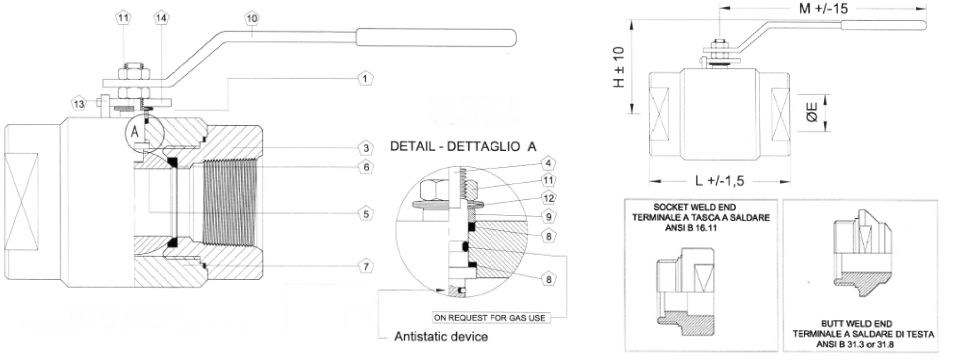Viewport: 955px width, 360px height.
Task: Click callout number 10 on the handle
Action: pos(252,18)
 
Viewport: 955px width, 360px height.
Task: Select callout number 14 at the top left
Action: pos(161,18)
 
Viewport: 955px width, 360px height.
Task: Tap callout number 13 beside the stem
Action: pos(79,103)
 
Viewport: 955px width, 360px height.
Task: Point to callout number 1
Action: pos(365,78)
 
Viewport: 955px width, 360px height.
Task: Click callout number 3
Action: pos(365,148)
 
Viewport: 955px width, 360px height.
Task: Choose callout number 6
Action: pos(365,167)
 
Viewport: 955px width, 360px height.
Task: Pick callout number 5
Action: pos(365,214)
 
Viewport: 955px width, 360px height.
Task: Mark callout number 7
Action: pos(365,266)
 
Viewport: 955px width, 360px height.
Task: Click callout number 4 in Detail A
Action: pos(548,163)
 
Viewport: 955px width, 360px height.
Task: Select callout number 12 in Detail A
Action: pos(548,197)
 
